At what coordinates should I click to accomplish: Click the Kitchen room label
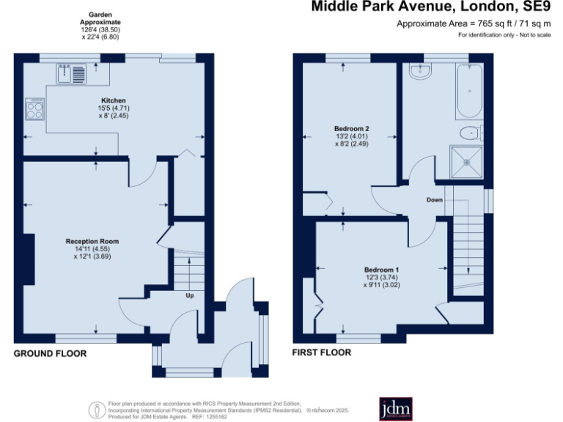click(x=114, y=100)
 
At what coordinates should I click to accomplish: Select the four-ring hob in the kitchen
click(x=35, y=109)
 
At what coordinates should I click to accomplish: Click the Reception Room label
click(x=92, y=241)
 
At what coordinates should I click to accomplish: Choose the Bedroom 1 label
click(x=380, y=270)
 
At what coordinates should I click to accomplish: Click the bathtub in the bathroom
click(x=469, y=92)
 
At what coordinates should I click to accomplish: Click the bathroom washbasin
click(x=420, y=71)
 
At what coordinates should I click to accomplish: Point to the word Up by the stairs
click(x=189, y=296)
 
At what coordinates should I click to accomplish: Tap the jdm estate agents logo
click(x=395, y=409)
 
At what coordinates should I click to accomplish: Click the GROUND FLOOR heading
click(x=50, y=353)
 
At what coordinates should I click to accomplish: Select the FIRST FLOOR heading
click(x=322, y=352)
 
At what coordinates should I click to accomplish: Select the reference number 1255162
click(x=218, y=416)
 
